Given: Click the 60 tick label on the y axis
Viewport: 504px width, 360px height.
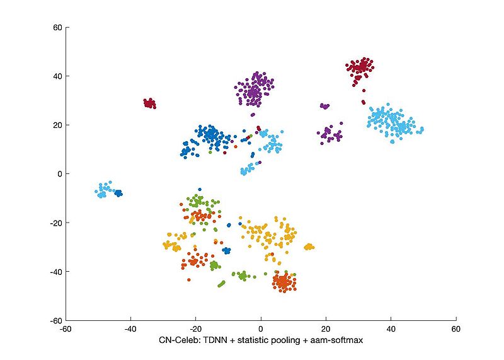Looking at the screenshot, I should (56, 28).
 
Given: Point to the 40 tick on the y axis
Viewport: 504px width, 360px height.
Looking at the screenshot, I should (56, 76).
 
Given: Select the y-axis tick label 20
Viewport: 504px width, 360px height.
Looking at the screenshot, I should (56, 125).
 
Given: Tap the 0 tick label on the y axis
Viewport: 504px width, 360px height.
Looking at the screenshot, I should (59, 174).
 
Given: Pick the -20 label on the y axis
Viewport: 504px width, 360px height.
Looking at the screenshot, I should (54, 223).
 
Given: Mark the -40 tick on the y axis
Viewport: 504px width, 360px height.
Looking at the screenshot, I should (54, 272).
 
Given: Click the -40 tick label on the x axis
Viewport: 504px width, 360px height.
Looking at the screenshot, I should (130, 328).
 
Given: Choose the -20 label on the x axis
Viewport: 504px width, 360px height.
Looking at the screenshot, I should (195, 328).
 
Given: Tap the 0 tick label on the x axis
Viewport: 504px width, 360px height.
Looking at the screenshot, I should (261, 328).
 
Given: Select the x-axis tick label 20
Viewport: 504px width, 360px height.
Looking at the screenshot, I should (326, 328).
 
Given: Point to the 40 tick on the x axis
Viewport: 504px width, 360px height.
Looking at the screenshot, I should (391, 328).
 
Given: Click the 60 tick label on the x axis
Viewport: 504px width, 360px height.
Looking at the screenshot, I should (456, 328).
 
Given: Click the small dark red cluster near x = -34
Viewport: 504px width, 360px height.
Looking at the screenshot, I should (149, 103).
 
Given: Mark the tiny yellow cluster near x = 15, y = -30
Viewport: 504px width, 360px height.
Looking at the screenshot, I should (309, 247).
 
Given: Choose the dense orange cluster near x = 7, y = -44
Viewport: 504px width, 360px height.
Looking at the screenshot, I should (283, 282).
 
